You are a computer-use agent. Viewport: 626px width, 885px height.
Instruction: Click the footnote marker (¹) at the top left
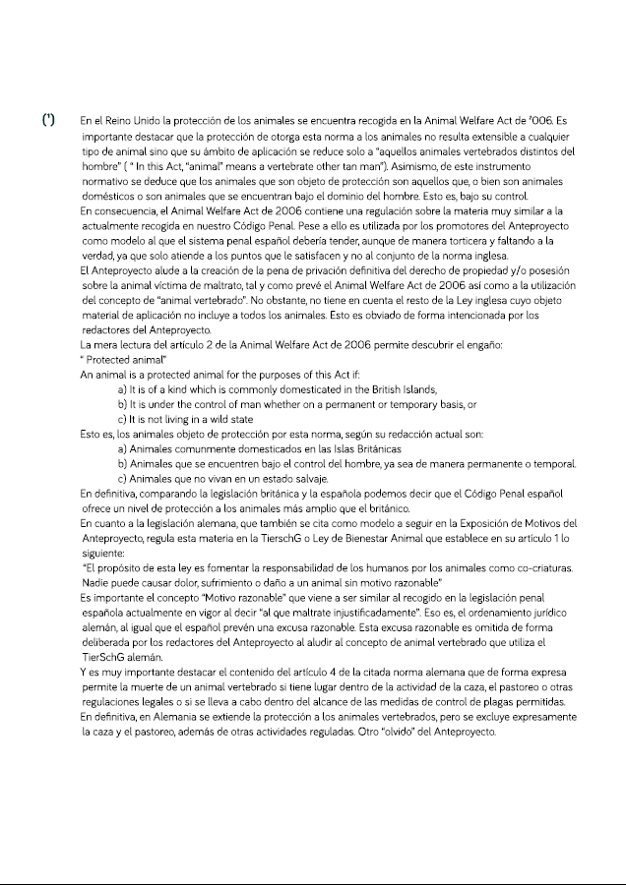[x=47, y=120]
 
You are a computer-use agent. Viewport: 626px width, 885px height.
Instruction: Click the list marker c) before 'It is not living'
[x=122, y=419]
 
